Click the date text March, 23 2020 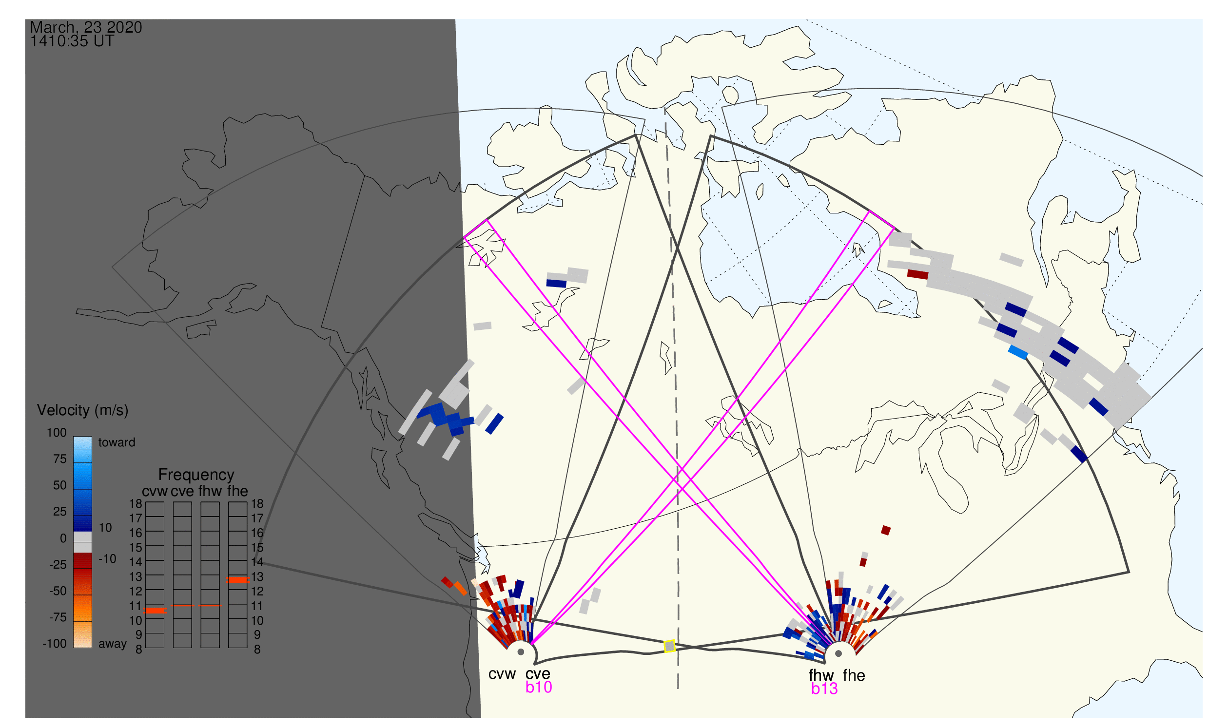[86, 27]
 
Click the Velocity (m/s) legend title [82, 411]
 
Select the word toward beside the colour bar [117, 442]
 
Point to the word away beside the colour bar [113, 644]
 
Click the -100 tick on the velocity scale [55, 644]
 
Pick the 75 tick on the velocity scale [60, 459]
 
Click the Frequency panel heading [196, 475]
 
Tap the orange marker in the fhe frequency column [237, 580]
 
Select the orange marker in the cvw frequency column [155, 611]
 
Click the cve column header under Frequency [182, 492]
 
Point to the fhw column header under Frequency [210, 491]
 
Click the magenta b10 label [539, 687]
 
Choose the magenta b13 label [824, 689]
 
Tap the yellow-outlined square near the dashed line [669, 647]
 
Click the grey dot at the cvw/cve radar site [521, 652]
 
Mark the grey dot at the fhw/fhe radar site [839, 654]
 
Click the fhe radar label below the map [854, 675]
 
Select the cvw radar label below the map [502, 674]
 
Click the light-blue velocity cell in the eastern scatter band [1018, 352]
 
